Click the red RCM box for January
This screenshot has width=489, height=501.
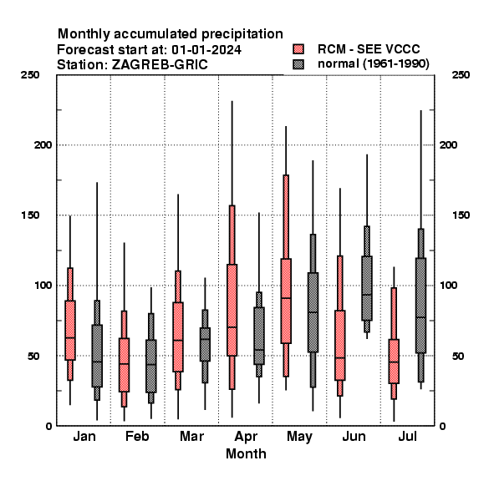pyautogui.click(x=70, y=330)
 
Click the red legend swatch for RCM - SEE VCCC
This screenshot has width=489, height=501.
pyautogui.click(x=298, y=49)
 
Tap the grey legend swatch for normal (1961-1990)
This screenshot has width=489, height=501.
pyautogui.click(x=298, y=64)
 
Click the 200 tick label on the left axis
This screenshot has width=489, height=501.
pyautogui.click(x=43, y=144)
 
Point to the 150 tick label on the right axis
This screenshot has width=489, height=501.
pyautogui.click(x=461, y=215)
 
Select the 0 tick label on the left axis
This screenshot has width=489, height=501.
pyautogui.click(x=48, y=426)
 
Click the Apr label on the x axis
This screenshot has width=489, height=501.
pyautogui.click(x=246, y=437)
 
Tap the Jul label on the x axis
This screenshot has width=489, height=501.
pyautogui.click(x=407, y=436)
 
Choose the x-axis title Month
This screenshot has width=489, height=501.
pyautogui.click(x=246, y=453)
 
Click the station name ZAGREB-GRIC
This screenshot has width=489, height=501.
pyautogui.click(x=160, y=65)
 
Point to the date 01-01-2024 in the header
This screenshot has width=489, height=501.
pyautogui.click(x=206, y=50)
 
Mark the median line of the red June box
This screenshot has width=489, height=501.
pyautogui.click(x=340, y=358)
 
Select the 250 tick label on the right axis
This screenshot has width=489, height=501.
pyautogui.click(x=461, y=75)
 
